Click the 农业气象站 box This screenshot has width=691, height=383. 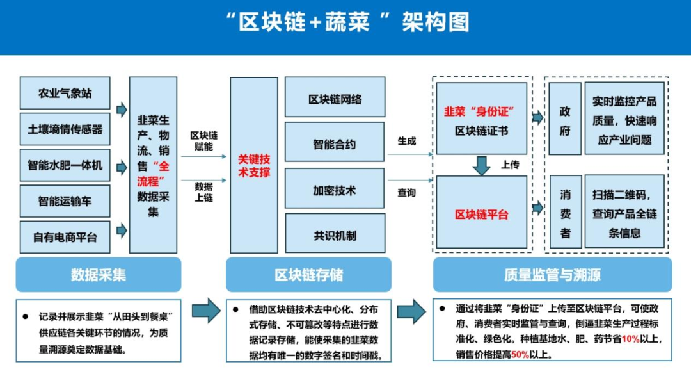pos(65,93)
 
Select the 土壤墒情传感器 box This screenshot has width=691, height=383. pos(65,129)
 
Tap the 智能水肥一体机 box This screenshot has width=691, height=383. pos(65,165)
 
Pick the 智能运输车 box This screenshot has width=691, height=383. pos(65,201)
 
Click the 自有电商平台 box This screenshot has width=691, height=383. pos(65,237)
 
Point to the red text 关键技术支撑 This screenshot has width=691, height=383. pos(254,165)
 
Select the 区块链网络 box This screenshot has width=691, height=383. pos(335,99)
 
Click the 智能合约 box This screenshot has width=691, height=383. pos(335,144)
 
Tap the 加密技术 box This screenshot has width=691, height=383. pos(335,190)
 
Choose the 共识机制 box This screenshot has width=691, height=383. pos(335,235)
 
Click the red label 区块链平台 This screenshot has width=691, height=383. pos(481,215)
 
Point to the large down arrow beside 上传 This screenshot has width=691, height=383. pos(481,165)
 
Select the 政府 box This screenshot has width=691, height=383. pos(565,120)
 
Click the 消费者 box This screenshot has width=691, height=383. pos(565,213)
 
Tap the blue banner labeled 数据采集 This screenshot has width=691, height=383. pos(99,275)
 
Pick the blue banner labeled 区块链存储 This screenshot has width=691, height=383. pos(308,275)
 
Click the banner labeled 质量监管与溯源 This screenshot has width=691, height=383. pos(552,275)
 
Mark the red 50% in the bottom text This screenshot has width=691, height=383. pos(520,354)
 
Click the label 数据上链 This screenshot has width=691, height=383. pos(203,191)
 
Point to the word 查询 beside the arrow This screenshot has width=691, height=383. pos(406,192)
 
